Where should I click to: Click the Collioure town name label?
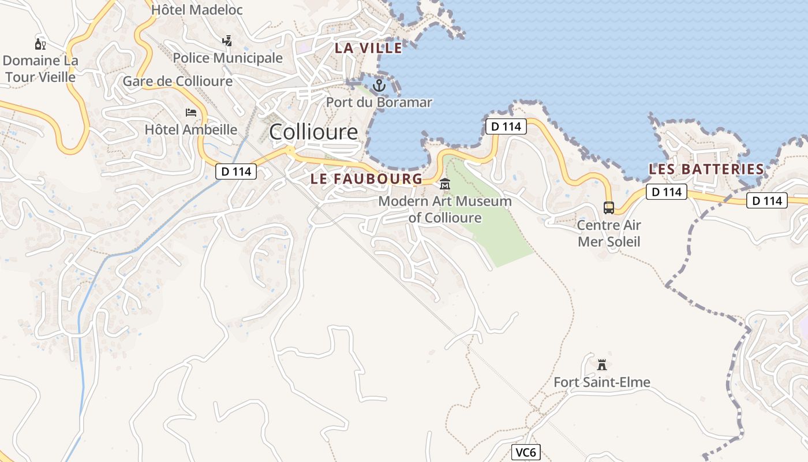313,132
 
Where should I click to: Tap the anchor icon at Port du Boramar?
379,86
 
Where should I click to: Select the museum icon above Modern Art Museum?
445,184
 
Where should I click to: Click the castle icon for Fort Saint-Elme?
602,365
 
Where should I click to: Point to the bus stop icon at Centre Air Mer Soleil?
608,208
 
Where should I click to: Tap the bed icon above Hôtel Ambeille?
191,112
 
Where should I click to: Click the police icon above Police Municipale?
227,41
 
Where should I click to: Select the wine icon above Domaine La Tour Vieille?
40,44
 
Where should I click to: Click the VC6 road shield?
526,452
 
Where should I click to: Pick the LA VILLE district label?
368,49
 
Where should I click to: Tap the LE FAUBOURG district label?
366,179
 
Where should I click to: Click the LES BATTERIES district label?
706,169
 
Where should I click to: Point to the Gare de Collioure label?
177,81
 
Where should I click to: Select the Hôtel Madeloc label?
197,10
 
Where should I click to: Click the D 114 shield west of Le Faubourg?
236,171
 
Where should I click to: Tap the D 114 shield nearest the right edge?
767,200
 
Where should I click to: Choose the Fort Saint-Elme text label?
602,382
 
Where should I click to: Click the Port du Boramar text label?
379,103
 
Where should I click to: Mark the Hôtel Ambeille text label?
191,129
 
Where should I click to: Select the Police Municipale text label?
227,58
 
